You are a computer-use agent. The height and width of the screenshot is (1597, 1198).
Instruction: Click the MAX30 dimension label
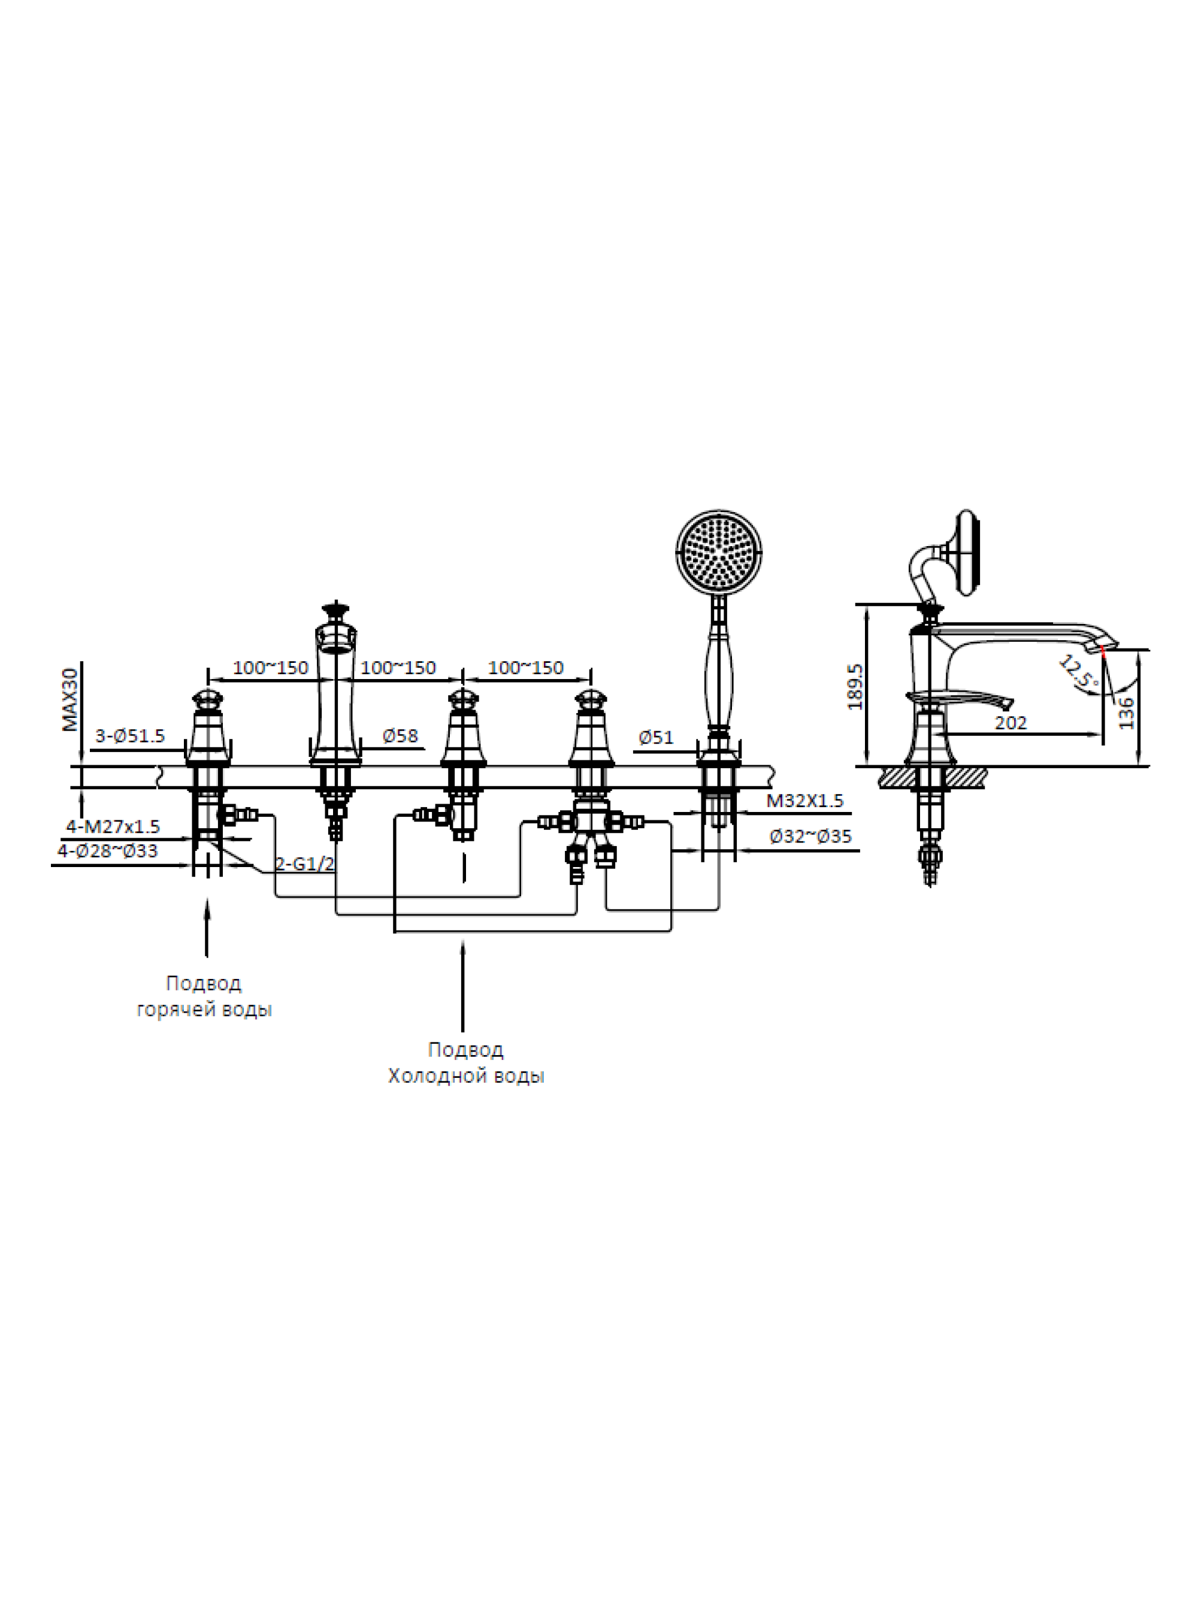tap(70, 699)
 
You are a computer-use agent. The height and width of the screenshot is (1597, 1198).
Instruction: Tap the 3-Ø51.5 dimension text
tap(130, 736)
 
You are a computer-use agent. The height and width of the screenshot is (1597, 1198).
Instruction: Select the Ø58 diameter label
tap(400, 736)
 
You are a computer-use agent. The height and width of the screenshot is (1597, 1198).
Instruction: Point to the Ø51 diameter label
tap(656, 737)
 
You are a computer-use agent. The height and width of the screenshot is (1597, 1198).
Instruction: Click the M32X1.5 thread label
tap(804, 800)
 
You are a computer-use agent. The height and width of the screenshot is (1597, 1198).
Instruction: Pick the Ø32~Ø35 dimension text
tap(810, 836)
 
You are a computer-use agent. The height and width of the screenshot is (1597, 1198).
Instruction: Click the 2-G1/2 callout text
tap(305, 863)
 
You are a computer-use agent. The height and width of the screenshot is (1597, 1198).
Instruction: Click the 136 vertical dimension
tap(1126, 713)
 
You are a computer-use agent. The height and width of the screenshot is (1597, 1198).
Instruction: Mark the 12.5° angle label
tap(1079, 671)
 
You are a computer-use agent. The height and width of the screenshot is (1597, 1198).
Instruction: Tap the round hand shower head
tap(719, 553)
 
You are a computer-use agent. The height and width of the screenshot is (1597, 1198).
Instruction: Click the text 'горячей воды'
tap(204, 1010)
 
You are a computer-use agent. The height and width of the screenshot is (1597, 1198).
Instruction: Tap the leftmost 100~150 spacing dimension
tap(270, 668)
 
